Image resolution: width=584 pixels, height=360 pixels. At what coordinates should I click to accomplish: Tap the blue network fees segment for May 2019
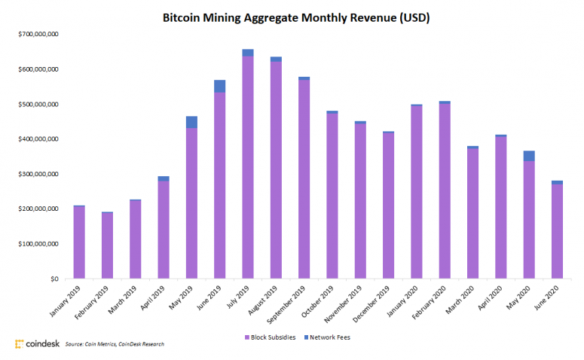coord(191,122)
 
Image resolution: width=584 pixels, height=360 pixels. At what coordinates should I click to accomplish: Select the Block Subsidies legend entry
coord(270,337)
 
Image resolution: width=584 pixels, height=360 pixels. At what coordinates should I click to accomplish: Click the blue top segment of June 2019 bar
coord(219,86)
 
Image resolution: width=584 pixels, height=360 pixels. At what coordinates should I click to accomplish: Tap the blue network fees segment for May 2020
coord(528,156)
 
